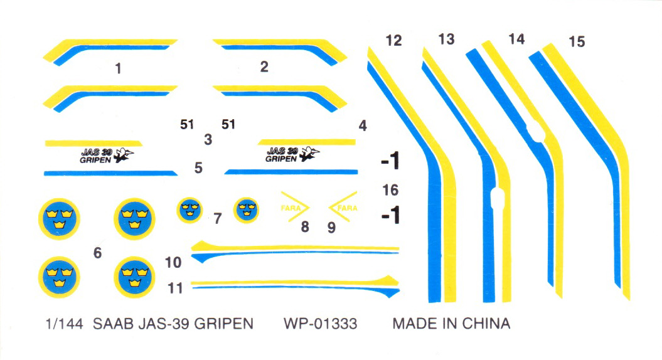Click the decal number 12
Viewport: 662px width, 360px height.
tap(393, 41)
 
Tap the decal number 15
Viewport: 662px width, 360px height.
tap(577, 42)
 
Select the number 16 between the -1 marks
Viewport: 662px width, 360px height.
tap(390, 190)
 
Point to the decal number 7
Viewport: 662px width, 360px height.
tap(218, 219)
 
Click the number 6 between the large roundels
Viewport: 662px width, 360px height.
tap(97, 253)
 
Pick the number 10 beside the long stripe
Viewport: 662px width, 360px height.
tap(173, 263)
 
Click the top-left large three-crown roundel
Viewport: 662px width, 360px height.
tap(59, 219)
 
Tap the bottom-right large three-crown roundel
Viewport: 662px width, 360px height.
tap(135, 277)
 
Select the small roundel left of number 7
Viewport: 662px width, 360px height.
tap(190, 209)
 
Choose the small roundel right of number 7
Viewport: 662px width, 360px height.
tap(246, 210)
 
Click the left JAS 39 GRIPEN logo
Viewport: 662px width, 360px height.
tap(107, 156)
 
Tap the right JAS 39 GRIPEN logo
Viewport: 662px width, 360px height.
tap(292, 154)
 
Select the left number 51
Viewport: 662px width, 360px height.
tap(187, 125)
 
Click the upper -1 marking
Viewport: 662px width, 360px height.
tap(390, 161)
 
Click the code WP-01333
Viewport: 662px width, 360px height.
tap(321, 324)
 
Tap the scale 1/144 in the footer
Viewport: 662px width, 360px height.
tap(64, 324)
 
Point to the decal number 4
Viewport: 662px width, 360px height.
tap(363, 126)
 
